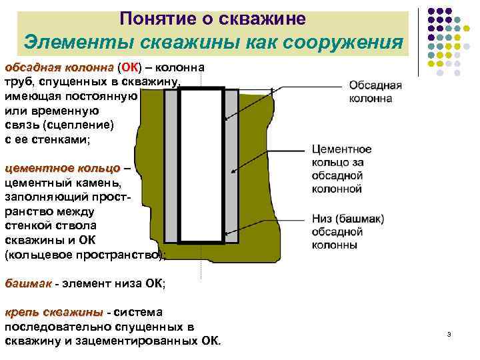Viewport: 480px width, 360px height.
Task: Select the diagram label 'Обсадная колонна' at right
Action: [375, 92]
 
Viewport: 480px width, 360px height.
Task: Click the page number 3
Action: [449, 334]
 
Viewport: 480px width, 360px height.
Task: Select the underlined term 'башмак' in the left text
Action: [28, 284]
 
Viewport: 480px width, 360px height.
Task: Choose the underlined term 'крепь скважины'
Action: [54, 313]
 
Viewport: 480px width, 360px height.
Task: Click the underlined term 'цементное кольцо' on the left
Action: [63, 169]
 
